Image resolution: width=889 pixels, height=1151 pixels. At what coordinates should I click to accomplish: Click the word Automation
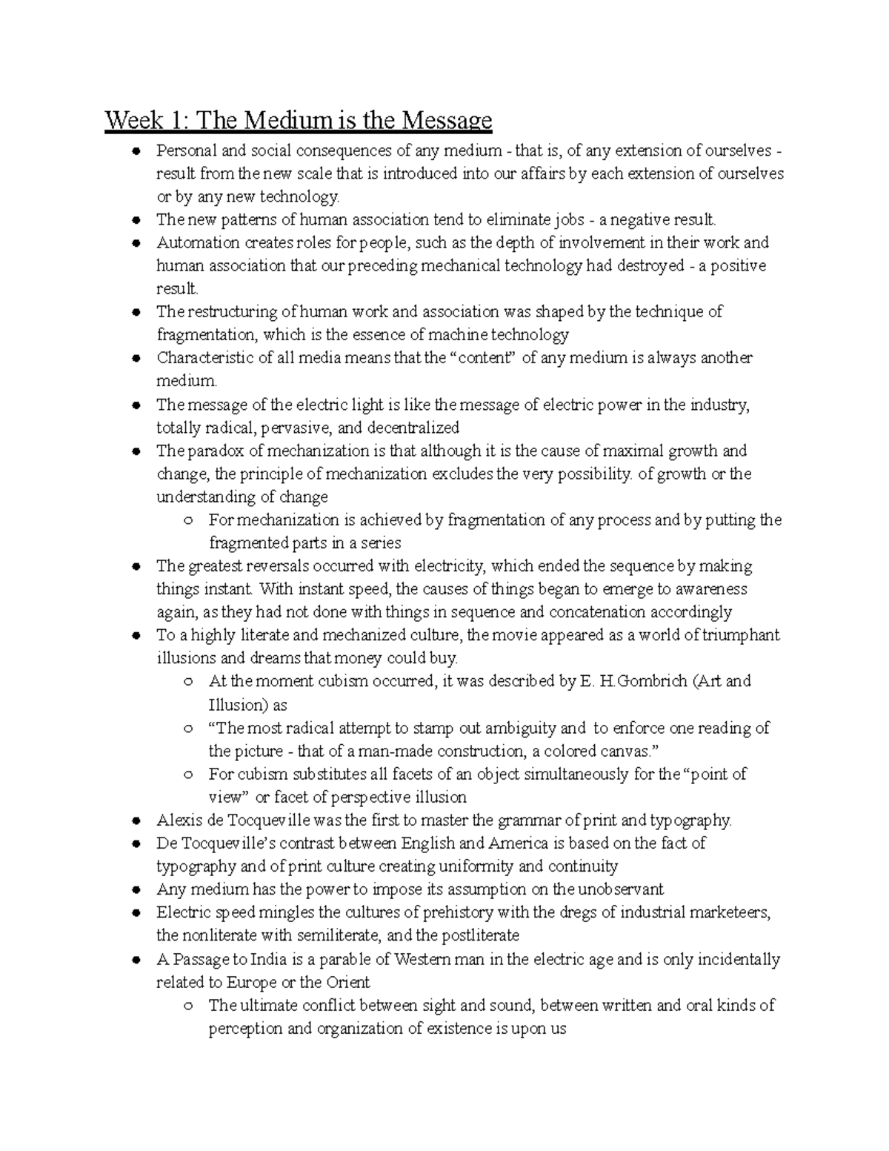[x=198, y=242]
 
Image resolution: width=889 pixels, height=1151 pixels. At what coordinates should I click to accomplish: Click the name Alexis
[x=179, y=820]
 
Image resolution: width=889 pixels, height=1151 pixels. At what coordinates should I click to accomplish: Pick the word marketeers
[x=728, y=912]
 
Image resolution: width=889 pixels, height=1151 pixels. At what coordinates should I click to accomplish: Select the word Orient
[x=347, y=982]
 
